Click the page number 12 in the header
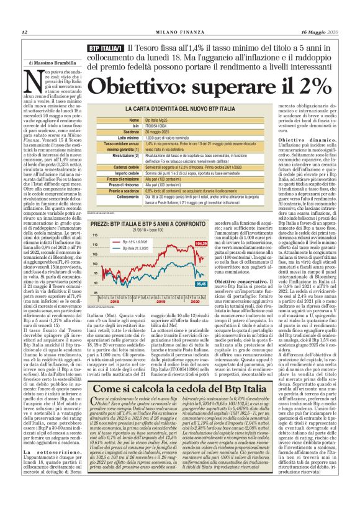tap(24, 33)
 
